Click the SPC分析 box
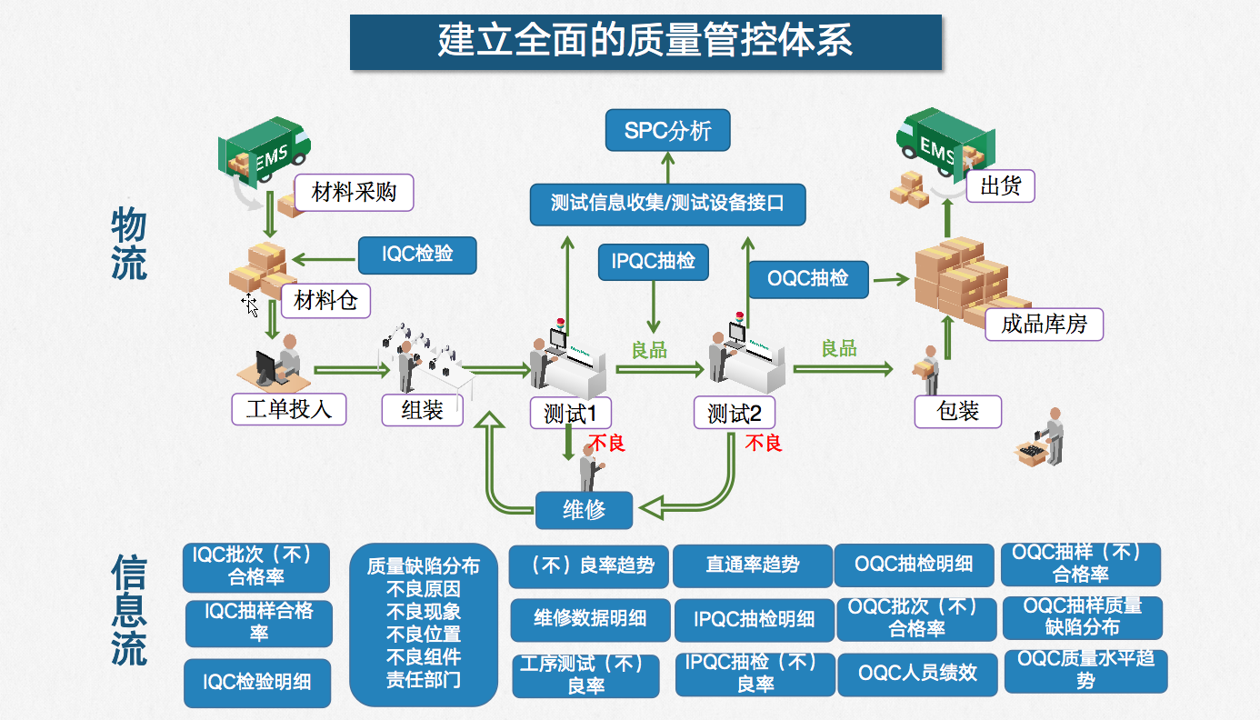tap(667, 130)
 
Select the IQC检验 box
tap(417, 255)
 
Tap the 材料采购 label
tap(354, 192)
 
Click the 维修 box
tap(584, 510)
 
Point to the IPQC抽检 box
tap(654, 262)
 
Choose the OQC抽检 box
tap(807, 278)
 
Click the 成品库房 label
tap(1044, 324)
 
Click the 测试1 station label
tap(571, 414)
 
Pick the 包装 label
tap(957, 411)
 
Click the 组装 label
tap(422, 410)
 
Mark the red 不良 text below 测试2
tap(764, 443)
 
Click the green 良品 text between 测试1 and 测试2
tap(649, 350)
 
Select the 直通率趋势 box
tap(753, 565)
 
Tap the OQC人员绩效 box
tap(917, 674)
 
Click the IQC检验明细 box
tap(257, 682)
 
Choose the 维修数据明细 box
tap(590, 619)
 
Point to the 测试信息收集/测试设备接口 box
tap(667, 203)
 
